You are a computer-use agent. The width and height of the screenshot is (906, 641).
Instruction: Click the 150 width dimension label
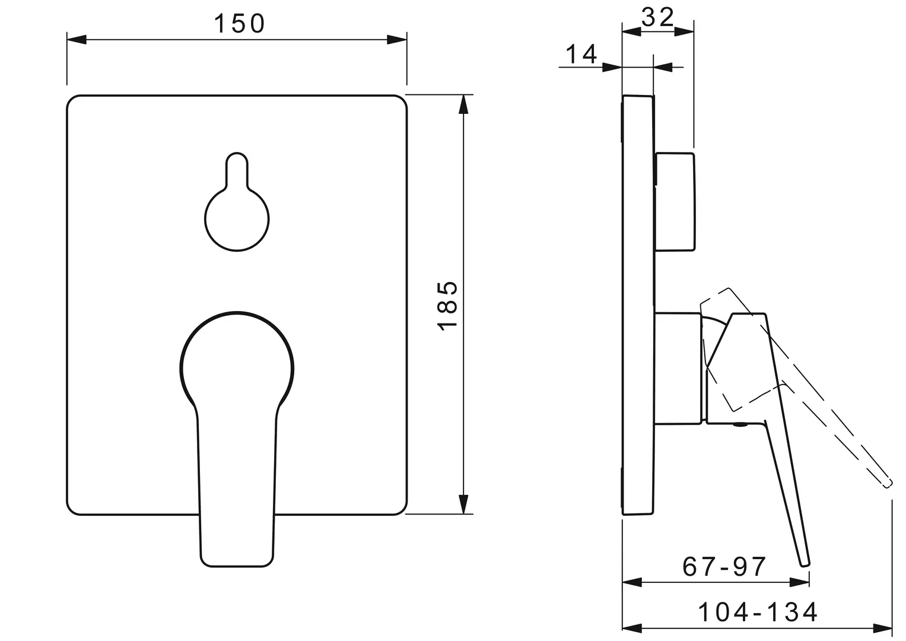(239, 24)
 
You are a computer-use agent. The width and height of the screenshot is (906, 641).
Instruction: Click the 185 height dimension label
(447, 306)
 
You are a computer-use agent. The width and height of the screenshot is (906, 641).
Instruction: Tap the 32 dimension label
(657, 17)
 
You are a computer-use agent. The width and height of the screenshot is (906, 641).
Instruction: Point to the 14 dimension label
(581, 54)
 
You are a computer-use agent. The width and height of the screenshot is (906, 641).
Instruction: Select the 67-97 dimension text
(724, 567)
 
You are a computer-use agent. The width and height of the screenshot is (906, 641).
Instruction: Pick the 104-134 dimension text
(758, 613)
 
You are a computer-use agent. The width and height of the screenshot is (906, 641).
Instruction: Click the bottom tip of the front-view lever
(237, 566)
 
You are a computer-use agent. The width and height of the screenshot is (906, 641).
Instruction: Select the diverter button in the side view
(675, 202)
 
